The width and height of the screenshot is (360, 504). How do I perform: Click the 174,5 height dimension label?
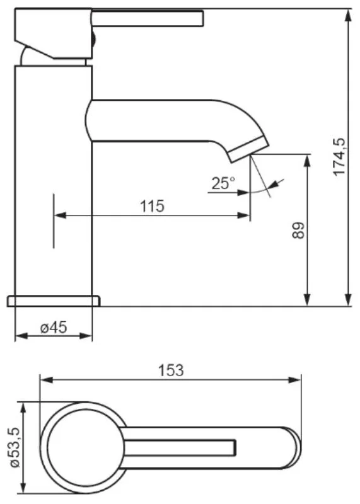tap(339, 157)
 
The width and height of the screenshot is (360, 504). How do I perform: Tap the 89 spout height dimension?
tap(298, 230)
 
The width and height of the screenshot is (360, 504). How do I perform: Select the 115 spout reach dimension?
tap(152, 206)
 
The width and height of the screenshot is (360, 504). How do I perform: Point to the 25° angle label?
tap(223, 183)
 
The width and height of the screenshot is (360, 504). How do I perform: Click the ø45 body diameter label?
tap(54, 328)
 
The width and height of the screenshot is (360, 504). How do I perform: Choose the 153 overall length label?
tap(171, 370)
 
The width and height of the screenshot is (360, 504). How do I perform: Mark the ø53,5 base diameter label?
tap(15, 448)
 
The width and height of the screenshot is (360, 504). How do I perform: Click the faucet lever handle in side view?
tap(148, 18)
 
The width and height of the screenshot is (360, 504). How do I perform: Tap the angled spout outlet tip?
tap(248, 149)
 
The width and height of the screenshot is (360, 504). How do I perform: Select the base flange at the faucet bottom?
tap(54, 301)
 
